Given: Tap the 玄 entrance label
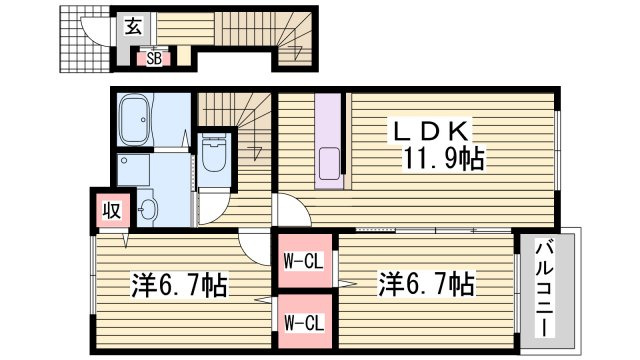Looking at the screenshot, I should tap(133, 28).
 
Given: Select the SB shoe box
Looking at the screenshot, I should tap(154, 58).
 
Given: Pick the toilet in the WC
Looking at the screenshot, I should tap(213, 155).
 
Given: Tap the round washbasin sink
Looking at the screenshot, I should tap(148, 210).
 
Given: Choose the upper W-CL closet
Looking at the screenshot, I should tap(302, 262).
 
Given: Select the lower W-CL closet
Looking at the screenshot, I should tap(302, 322).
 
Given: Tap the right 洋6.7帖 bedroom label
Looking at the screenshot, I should tap(426, 284).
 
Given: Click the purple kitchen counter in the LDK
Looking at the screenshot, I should tap(330, 140).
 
